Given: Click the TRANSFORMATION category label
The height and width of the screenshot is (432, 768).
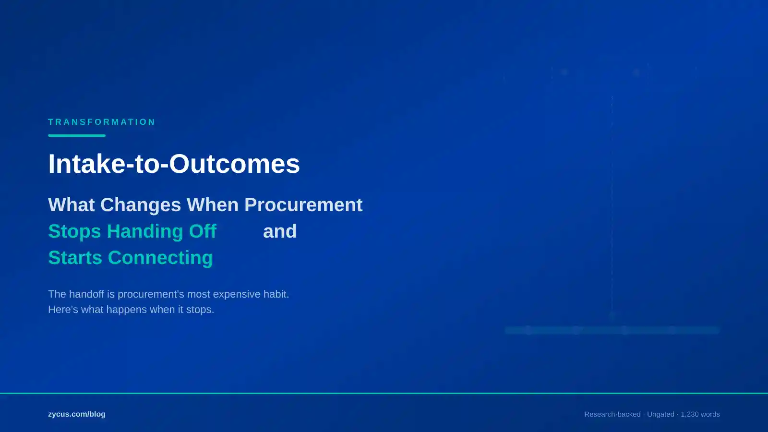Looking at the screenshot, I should click(x=102, y=122).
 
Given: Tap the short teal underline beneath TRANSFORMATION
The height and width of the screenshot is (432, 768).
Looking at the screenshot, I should click(x=77, y=135).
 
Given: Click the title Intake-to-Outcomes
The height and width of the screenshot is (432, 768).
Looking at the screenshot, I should click(x=174, y=164).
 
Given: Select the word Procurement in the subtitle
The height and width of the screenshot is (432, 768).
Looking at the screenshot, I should click(x=303, y=205).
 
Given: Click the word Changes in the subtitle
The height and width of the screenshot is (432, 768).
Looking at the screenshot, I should click(x=141, y=205).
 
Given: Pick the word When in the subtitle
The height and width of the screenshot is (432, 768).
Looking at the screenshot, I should click(x=213, y=205).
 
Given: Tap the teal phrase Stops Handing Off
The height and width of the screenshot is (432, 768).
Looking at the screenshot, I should click(x=132, y=231).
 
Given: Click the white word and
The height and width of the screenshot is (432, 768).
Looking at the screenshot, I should click(x=280, y=231).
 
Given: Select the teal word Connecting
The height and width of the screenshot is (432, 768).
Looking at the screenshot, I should click(x=160, y=258).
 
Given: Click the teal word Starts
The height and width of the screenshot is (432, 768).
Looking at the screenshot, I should click(x=75, y=258).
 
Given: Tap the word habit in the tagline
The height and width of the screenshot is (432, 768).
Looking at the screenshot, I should click(x=276, y=294).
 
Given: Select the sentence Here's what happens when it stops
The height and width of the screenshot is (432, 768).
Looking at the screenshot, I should click(x=131, y=310).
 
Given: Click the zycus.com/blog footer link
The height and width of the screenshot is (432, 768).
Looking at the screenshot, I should click(x=77, y=414).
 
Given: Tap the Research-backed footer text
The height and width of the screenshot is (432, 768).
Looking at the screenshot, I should click(x=612, y=414).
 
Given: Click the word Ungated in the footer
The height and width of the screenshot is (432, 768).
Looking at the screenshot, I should click(x=660, y=414).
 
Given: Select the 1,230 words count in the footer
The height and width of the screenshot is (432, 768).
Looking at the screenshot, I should click(x=700, y=414).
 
